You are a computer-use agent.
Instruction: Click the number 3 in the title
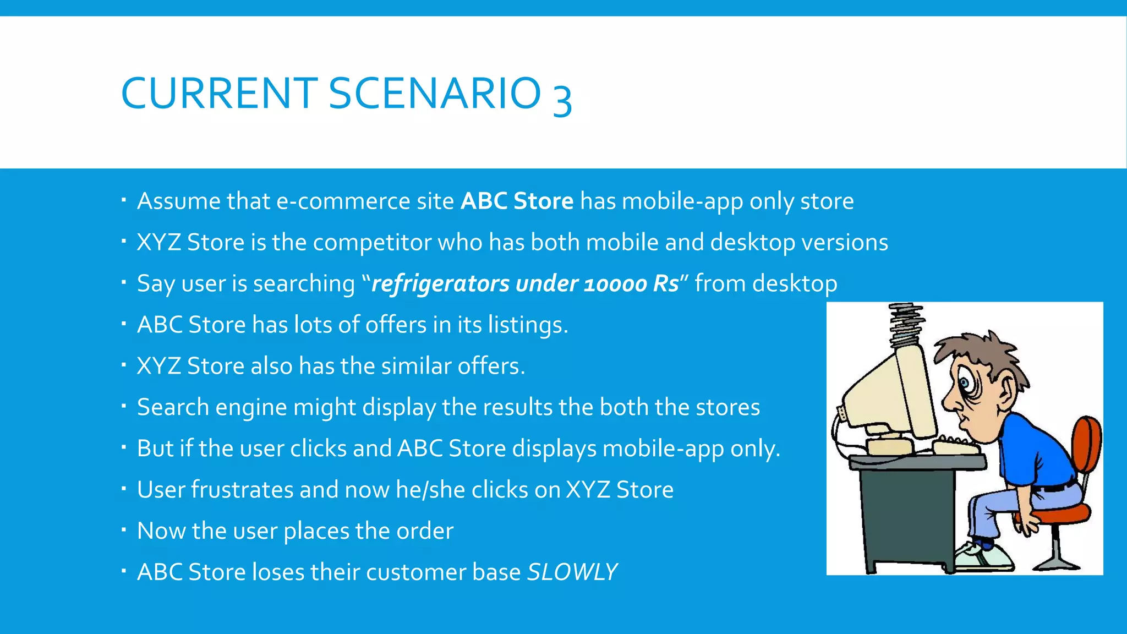tap(562, 98)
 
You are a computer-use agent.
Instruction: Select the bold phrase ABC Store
tap(517, 201)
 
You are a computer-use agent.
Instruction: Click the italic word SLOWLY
tap(572, 572)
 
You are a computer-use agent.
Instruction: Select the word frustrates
tap(242, 489)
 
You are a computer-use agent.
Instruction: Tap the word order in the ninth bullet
tap(425, 531)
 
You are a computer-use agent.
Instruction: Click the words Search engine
tap(212, 407)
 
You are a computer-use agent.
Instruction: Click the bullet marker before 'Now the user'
tap(124, 530)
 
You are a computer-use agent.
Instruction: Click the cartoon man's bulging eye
tap(964, 382)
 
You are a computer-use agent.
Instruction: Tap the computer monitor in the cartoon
tap(886, 396)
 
